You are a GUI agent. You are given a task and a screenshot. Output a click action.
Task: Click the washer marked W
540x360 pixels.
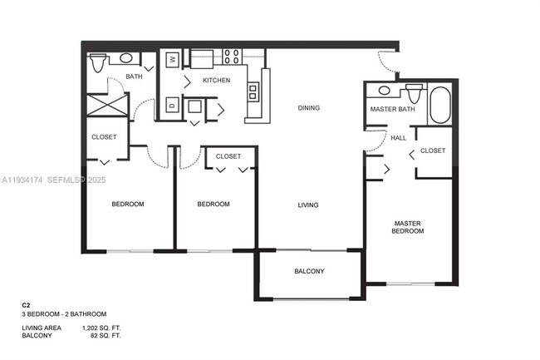172,60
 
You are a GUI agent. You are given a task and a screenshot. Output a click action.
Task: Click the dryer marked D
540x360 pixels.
172,105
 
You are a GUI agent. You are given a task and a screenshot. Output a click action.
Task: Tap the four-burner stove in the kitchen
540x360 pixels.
232,57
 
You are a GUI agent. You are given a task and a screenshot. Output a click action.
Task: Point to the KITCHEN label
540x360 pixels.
216,80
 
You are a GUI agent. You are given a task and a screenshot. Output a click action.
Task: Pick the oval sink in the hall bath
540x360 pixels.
127,59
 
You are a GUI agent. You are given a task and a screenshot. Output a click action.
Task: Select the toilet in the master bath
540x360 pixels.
413,91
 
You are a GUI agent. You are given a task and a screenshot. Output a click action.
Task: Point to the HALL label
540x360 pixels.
399,138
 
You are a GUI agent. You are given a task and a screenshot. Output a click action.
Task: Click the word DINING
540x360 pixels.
309,108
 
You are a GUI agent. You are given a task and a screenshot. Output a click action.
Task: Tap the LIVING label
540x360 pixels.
309,205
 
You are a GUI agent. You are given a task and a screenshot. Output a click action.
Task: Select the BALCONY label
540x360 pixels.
309,272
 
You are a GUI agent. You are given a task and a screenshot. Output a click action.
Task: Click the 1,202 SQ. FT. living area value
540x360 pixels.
102,329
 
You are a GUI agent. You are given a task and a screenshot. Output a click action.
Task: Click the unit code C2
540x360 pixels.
27,306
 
